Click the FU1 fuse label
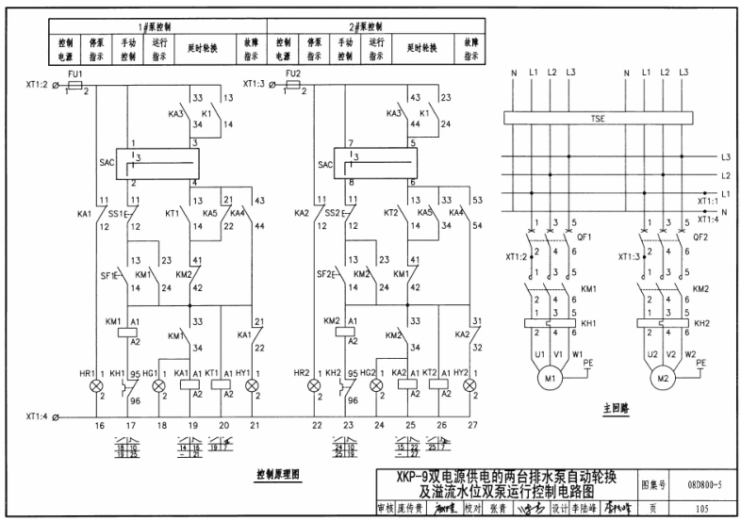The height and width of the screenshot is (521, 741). (76, 73)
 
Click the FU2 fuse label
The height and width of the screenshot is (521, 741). (294, 73)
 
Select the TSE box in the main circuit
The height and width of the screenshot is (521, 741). (597, 120)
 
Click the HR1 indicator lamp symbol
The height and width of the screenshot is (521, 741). (93, 386)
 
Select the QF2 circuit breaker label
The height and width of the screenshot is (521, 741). (700, 238)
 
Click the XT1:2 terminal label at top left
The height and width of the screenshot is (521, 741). (36, 86)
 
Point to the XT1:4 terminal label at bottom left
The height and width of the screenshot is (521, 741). (36, 415)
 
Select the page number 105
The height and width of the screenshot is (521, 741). (699, 508)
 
